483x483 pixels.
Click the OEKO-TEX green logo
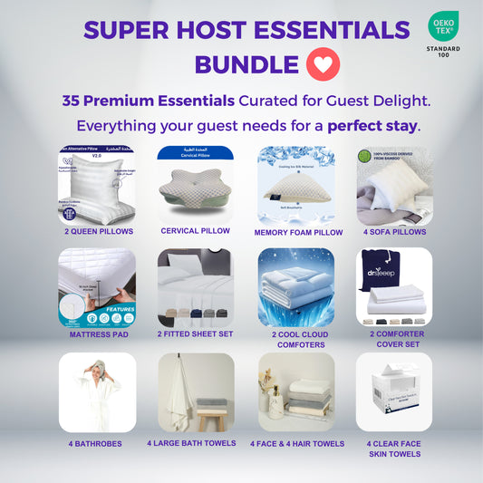point(443,26)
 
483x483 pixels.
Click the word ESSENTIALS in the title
point(334,31)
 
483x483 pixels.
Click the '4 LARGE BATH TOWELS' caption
point(196,443)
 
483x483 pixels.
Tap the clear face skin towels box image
point(392,391)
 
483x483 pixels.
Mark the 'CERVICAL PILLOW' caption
point(196,231)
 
